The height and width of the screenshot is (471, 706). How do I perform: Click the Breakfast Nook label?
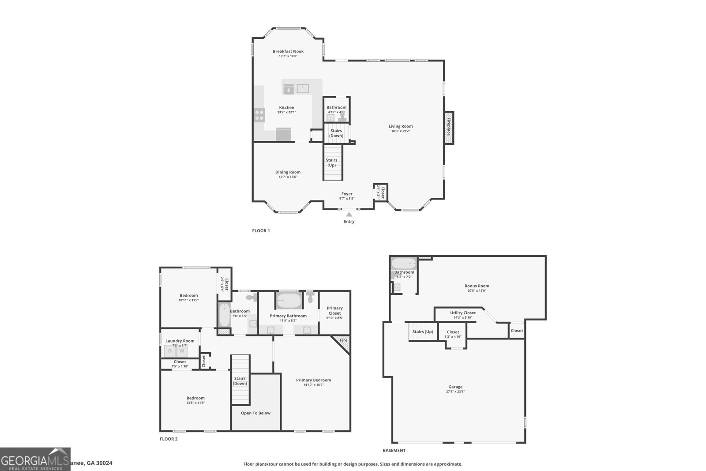click(x=288, y=51)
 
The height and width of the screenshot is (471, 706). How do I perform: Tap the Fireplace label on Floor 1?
click(x=449, y=127)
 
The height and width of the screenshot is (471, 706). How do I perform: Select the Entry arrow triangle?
click(x=349, y=215)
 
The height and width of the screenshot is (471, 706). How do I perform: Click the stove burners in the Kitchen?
click(x=259, y=115)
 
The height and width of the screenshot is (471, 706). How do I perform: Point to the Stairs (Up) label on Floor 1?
click(x=331, y=162)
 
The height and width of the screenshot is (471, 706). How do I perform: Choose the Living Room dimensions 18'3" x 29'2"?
click(x=401, y=131)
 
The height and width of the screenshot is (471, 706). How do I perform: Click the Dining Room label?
click(x=288, y=172)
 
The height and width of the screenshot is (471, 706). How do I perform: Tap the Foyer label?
click(x=347, y=194)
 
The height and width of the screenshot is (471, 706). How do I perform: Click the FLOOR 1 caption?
click(x=261, y=230)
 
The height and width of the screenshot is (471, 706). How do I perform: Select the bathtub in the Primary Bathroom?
click(x=289, y=301)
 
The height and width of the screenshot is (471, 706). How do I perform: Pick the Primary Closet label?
click(x=334, y=311)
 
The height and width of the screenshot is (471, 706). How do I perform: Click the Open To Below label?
click(x=255, y=413)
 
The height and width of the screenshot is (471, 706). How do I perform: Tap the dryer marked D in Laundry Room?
click(x=170, y=351)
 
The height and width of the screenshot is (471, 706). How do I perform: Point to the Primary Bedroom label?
click(x=313, y=380)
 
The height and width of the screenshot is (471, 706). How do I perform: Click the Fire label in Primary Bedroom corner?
click(x=344, y=340)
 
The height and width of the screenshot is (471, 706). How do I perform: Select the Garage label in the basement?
click(x=455, y=387)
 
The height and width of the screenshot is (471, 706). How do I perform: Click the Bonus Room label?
click(x=477, y=286)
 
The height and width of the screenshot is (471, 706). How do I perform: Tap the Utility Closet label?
click(x=463, y=313)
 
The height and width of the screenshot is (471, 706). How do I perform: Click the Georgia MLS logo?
click(x=35, y=459)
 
